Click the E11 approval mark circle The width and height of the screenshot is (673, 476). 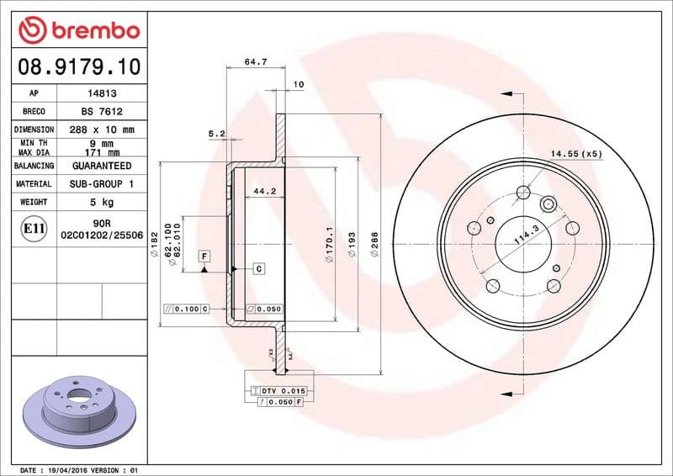click(x=34, y=229)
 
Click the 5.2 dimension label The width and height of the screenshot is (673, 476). click(x=216, y=134)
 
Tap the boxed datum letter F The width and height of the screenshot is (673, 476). click(x=204, y=255)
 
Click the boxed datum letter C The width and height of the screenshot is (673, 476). click(x=259, y=269)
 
